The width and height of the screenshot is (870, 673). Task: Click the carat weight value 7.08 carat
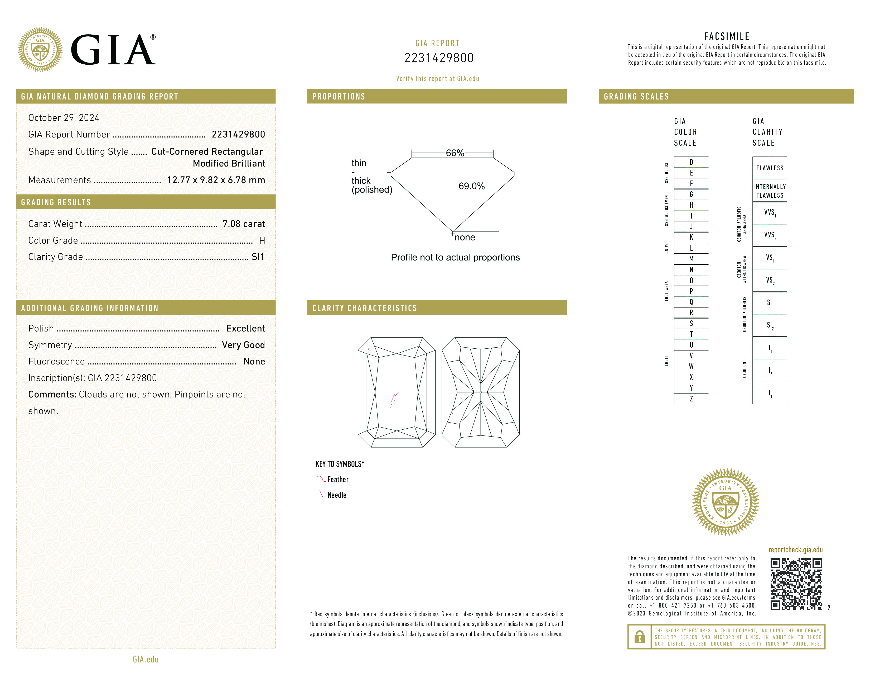pos(243,224)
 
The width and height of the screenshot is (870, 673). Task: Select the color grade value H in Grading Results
pos(262,240)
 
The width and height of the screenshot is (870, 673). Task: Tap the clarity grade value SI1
pos(258,257)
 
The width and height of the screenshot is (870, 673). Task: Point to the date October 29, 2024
pos(64,118)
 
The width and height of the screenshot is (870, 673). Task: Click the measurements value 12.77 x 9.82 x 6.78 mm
pos(215,180)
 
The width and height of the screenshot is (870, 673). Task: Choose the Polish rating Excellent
pos(245,329)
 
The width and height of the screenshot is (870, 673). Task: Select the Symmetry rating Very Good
pos(243,345)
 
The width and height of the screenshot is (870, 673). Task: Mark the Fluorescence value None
pos(254,362)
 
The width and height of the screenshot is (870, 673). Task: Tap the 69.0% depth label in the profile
pos(471,186)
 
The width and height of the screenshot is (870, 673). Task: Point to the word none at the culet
pos(465,238)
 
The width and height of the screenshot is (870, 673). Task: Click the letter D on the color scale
pos(691,162)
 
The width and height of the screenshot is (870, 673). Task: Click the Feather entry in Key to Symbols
pos(337,480)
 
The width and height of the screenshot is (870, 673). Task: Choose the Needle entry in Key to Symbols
pos(337,495)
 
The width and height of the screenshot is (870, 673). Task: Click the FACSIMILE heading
pos(727,37)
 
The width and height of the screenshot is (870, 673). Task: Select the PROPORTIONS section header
pos(339,97)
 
